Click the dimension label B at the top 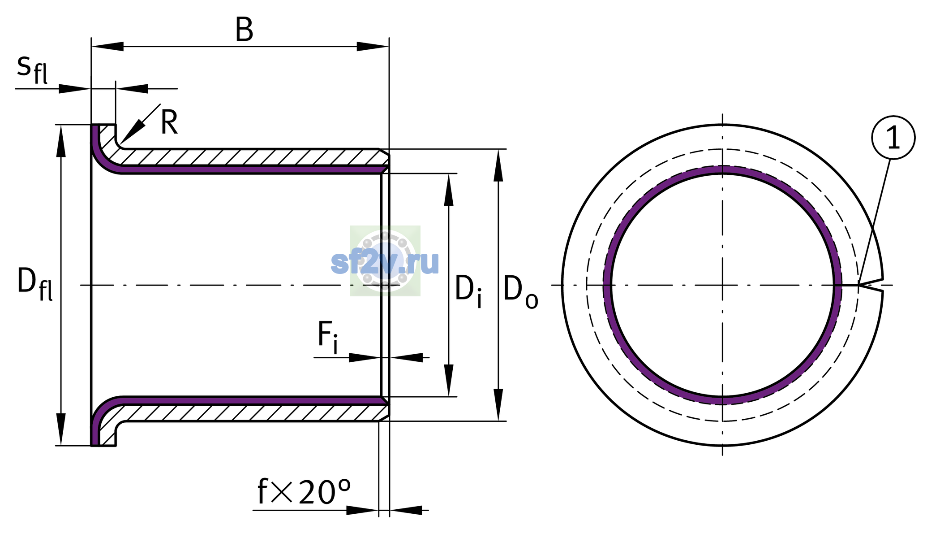(x=244, y=30)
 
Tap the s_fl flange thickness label (x=32, y=69)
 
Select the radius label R (x=169, y=122)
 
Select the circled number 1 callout (x=893, y=138)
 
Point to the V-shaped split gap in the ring (x=871, y=285)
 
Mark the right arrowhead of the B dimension (x=373, y=46)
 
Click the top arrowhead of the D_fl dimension (x=61, y=141)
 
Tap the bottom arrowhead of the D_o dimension (x=498, y=405)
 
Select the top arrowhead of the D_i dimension (x=448, y=190)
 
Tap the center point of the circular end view (x=722, y=285)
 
